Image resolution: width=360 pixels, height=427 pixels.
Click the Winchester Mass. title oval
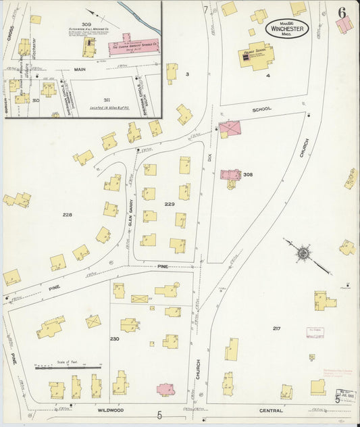pyautogui.click(x=287, y=28)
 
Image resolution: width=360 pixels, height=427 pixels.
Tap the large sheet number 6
pyautogui.click(x=343, y=12)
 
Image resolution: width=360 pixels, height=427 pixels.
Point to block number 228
pyautogui.click(x=67, y=215)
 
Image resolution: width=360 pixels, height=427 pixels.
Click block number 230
pyautogui.click(x=114, y=338)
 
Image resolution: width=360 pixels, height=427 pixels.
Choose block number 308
pyautogui.click(x=248, y=174)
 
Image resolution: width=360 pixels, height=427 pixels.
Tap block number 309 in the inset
pyautogui.click(x=86, y=25)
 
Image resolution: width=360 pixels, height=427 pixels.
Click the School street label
pyautogui.click(x=261, y=109)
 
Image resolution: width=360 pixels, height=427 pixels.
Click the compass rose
pyautogui.click(x=303, y=253)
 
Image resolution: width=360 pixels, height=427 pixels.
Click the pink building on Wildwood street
pyautogui.click(x=165, y=390)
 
